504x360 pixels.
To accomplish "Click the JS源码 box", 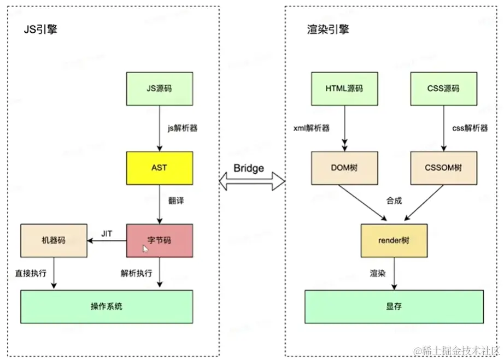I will tap(159, 88).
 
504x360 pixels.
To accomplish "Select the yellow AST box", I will tap(159, 167).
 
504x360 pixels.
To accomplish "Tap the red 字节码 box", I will tap(159, 240).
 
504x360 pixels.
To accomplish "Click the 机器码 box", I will tap(54, 240).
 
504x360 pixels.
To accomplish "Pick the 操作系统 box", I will tap(107, 306).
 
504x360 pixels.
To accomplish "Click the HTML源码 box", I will tap(344, 88).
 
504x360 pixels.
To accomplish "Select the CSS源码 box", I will tap(443, 88).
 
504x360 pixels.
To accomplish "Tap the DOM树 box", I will tap(344, 167).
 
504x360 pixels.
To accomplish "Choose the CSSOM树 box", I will tap(443, 167).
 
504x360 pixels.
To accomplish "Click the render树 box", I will tap(394, 240).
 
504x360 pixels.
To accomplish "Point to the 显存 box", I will tap(394, 306).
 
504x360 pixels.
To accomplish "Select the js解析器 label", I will tap(182, 129).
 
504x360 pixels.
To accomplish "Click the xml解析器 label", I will tap(311, 128).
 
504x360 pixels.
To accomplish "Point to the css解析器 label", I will tap(470, 128).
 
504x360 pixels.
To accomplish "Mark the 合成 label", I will tap(394, 200).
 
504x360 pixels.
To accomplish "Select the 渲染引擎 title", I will tap(328, 29).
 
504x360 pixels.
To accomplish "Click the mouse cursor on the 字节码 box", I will tap(145, 249).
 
